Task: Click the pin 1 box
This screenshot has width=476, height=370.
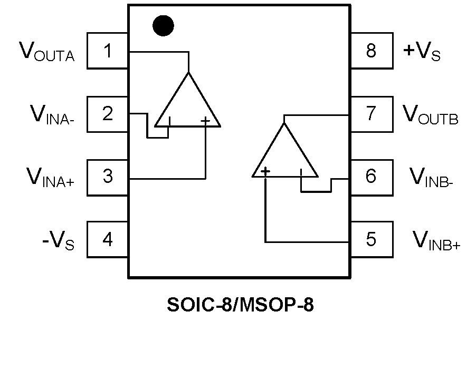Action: coord(108,51)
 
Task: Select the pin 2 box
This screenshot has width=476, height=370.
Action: coord(108,114)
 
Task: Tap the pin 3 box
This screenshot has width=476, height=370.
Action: coord(108,177)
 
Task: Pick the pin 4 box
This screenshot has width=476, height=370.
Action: coord(108,240)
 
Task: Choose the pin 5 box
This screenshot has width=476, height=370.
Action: coord(372,240)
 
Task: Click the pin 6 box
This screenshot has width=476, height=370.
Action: coord(372,177)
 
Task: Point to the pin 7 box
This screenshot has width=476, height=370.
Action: coord(372,114)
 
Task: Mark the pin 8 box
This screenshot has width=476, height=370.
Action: coord(372,51)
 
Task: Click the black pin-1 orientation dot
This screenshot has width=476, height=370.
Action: coord(163,26)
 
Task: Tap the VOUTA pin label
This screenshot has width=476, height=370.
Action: coord(47,52)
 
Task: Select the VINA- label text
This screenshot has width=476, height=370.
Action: coord(52,115)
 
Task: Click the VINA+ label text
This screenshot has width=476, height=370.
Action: coord(51,178)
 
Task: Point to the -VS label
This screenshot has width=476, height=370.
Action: coord(58,241)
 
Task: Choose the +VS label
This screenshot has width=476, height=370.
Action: coord(422,52)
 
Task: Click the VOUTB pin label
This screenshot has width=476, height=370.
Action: coord(431,115)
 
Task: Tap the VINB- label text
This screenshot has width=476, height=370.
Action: coord(432,178)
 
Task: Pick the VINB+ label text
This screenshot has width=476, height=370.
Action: coord(436,241)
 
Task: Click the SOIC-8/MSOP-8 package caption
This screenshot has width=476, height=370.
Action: coord(240,305)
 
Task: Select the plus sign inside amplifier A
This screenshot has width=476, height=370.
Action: coord(205,121)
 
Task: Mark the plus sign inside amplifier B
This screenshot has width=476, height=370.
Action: coord(265,171)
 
